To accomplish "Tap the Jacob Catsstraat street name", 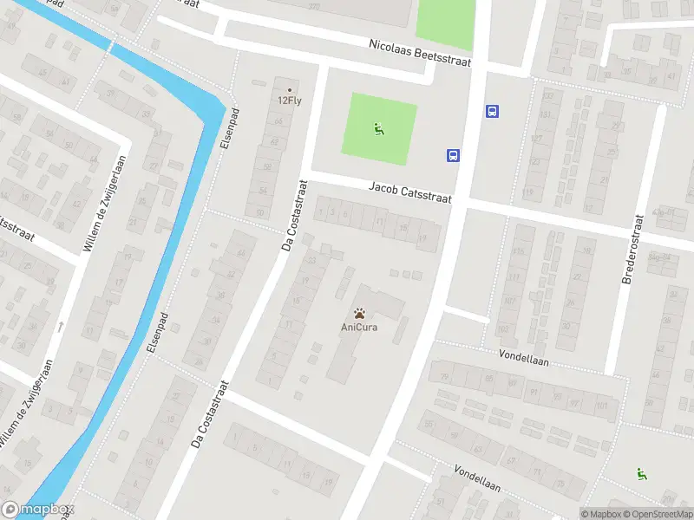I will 410,192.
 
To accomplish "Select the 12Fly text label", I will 290,100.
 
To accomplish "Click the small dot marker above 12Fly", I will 290,88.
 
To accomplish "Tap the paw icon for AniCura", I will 358,313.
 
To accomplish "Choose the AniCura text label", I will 358,327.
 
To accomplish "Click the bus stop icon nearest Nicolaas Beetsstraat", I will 492,111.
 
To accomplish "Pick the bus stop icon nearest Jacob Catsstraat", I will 453,156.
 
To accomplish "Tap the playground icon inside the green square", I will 378,130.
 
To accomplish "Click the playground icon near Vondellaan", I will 642,473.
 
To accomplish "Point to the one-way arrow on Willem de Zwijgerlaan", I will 60,327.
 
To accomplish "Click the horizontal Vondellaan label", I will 524,355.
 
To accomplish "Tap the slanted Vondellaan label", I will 476,478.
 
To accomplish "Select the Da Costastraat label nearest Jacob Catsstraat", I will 295,215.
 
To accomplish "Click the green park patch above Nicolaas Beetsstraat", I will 445,19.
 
